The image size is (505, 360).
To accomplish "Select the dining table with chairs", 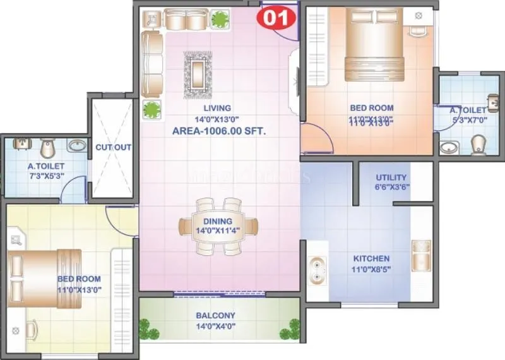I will tap(218, 225).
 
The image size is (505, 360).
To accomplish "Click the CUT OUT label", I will tap(114, 147).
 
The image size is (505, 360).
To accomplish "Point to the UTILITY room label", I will tap(391, 177).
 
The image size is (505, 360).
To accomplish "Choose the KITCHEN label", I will tap(372, 258).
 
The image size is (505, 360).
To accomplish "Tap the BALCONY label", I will tap(215, 315).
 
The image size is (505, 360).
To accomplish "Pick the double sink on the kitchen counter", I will tap(316, 270).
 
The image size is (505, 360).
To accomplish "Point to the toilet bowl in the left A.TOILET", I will tap(46, 148).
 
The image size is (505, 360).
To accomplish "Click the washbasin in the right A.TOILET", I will tap(449, 148).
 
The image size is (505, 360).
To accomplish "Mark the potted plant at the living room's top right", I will tap(220, 19).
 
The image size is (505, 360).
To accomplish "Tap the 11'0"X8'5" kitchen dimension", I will tap(372, 269).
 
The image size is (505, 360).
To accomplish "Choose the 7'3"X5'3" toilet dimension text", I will tap(46, 177).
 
